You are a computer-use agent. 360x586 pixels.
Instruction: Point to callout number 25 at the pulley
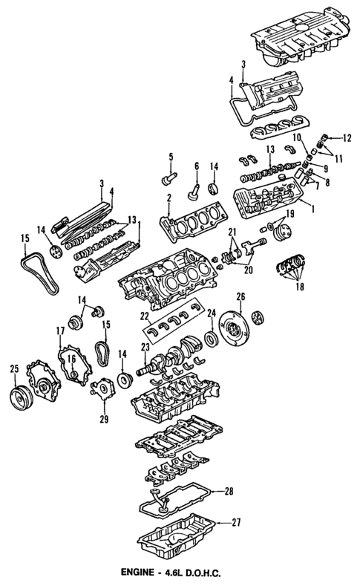coord(14,368)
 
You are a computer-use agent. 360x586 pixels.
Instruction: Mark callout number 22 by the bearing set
coord(145,315)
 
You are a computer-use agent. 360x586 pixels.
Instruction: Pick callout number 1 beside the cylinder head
coord(312,209)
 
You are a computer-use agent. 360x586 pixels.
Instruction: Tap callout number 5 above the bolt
coord(169,156)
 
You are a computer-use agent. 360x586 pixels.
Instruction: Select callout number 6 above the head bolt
coord(196,165)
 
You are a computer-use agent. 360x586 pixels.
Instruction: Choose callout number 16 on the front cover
coord(72,359)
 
